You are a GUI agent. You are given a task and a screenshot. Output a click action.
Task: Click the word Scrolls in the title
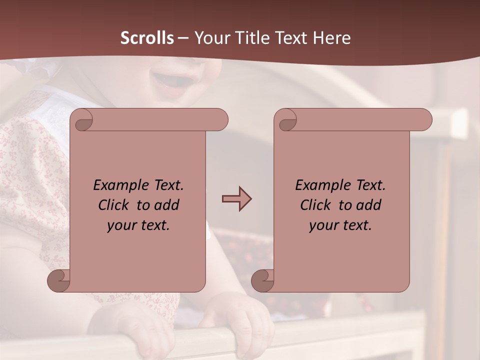pos(147,38)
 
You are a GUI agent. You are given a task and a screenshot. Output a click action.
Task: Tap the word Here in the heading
pos(331,38)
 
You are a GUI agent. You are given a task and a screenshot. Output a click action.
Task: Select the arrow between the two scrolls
pos(236,199)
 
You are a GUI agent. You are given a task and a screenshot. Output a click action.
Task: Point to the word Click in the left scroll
pos(115,205)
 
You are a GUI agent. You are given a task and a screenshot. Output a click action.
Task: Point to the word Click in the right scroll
pos(317,205)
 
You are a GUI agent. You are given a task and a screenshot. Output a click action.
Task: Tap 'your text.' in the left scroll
pos(138,225)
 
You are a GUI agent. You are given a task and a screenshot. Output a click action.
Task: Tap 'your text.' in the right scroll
pos(340,225)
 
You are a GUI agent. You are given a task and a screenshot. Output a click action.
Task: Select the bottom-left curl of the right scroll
pos(262,280)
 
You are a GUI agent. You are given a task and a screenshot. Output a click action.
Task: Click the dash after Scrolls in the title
pos(183,38)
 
